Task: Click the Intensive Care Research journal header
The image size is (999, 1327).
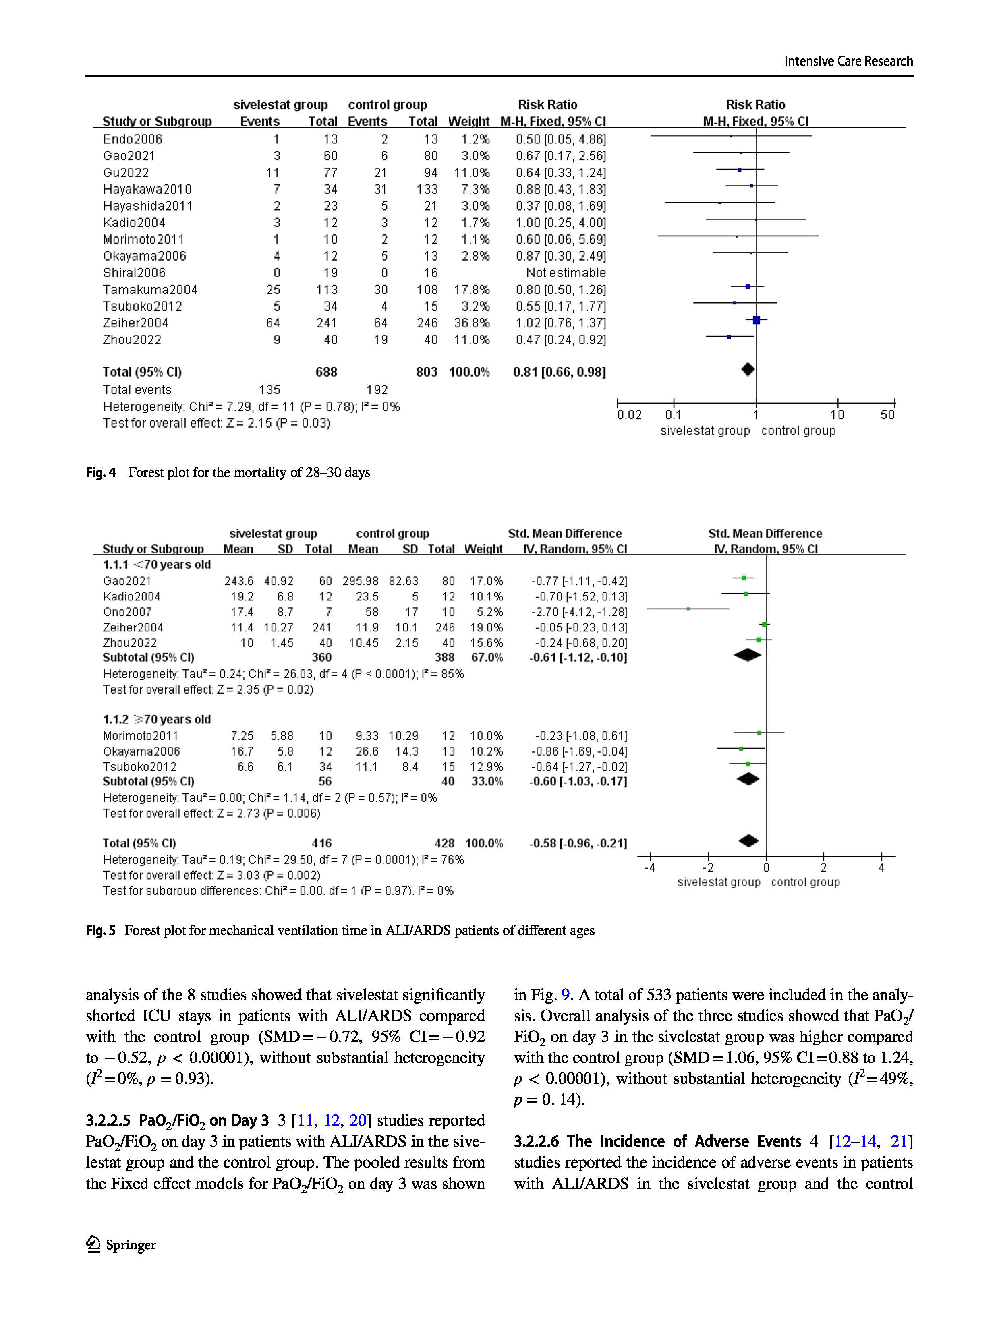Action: tap(848, 61)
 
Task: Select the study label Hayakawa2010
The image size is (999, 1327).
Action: tap(147, 190)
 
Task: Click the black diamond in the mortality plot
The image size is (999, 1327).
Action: tap(748, 370)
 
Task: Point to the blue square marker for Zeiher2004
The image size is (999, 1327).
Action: tap(757, 320)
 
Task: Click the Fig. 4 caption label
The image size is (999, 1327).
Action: tap(100, 473)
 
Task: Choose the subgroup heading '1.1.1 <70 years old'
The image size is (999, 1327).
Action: tap(157, 565)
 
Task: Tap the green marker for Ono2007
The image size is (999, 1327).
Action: tap(688, 609)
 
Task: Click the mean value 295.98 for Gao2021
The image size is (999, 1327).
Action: tap(360, 581)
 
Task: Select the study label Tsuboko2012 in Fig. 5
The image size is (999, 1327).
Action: tap(140, 767)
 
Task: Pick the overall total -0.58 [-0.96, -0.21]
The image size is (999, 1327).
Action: tap(578, 843)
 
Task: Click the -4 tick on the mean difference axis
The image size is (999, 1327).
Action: tap(650, 867)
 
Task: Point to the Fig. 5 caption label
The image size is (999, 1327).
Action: tap(100, 930)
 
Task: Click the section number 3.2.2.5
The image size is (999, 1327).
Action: tap(109, 1121)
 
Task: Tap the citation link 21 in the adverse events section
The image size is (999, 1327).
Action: tap(898, 1142)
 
